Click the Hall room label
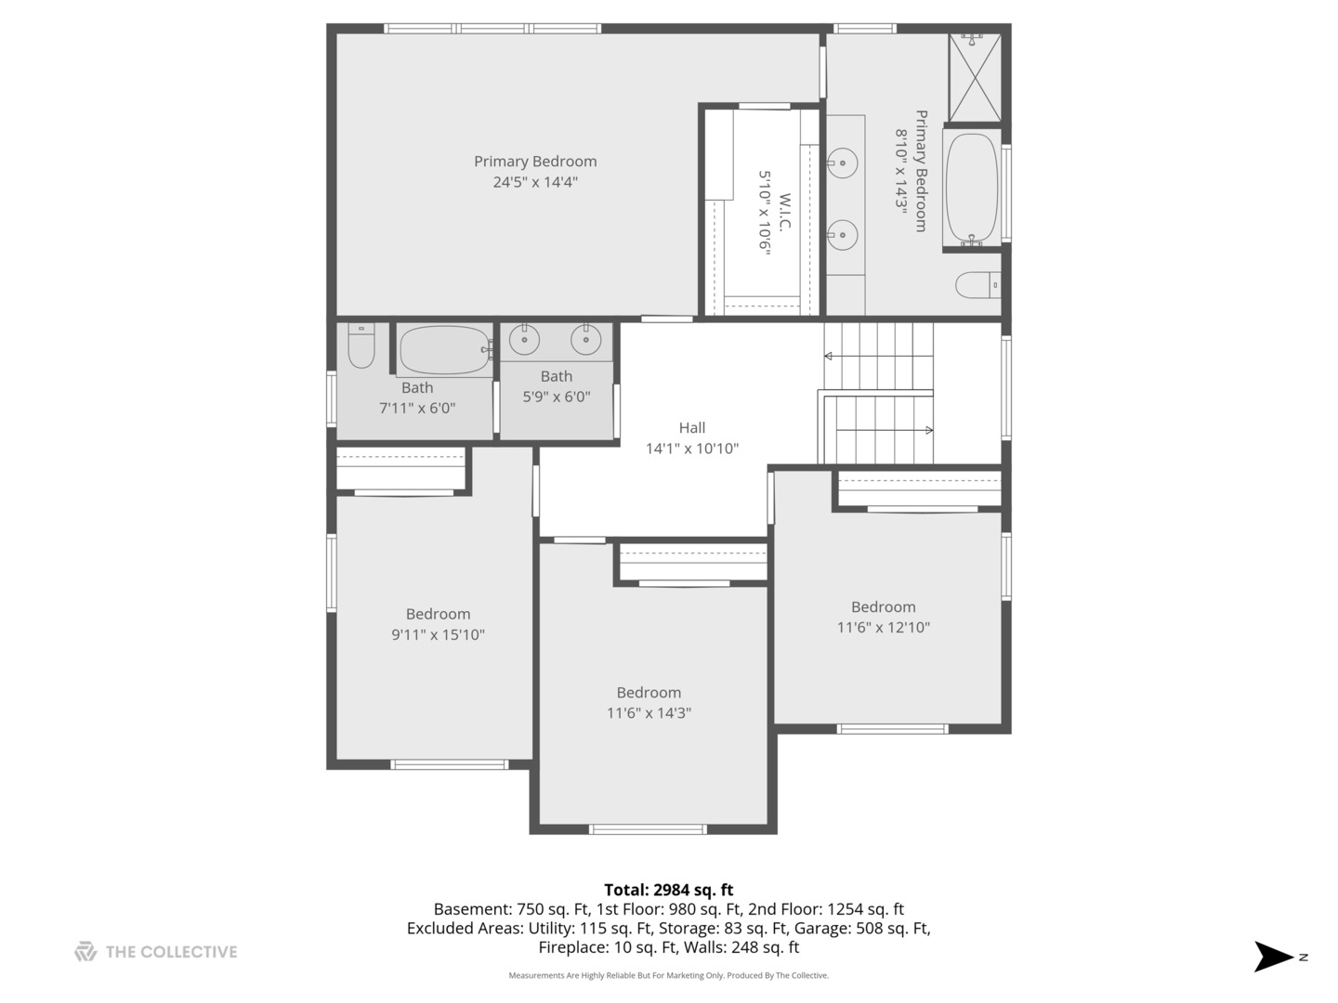pos(692,427)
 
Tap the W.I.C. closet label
pos(784,212)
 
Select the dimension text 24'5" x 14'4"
pos(534,182)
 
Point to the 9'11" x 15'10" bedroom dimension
pos(438,634)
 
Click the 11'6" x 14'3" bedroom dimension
pos(649,712)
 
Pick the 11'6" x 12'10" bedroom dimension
pos(884,627)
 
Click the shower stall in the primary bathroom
pos(975,77)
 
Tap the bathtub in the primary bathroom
pos(972,189)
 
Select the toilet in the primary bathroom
pos(977,284)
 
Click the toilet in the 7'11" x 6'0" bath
pos(361,345)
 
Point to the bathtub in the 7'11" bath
pos(445,349)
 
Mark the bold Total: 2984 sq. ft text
pos(669,890)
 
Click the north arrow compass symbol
pos(1273,957)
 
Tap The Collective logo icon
pos(85,951)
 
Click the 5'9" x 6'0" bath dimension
pos(556,397)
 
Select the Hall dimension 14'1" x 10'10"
pos(692,449)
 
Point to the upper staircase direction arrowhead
pos(828,357)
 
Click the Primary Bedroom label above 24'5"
pos(535,162)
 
